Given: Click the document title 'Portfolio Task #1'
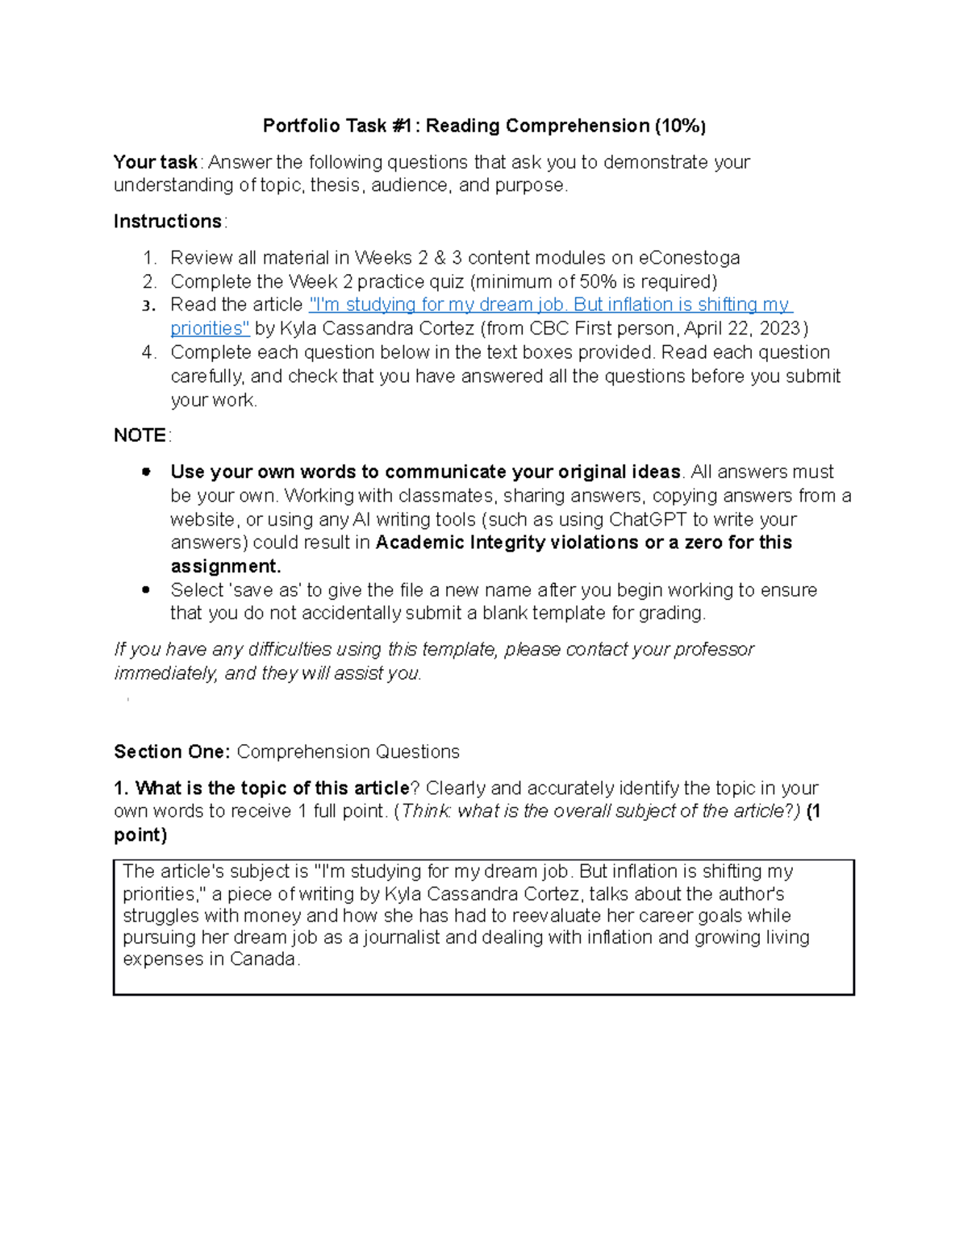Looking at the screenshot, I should coord(338,126).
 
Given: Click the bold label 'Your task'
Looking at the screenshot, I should coord(155,162).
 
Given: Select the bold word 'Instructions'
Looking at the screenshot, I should coord(168,222).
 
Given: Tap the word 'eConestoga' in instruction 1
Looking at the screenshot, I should coord(689,258).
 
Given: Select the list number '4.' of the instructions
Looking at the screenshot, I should coord(148,352).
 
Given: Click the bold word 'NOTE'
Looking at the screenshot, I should coord(140,435).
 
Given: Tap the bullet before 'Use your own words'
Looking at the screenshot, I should coord(146,472).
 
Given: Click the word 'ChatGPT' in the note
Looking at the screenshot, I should coord(647,519).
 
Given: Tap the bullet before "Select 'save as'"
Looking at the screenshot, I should coord(146,590).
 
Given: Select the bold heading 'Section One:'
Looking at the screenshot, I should coord(172,752).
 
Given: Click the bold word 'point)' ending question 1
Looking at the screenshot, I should coord(140,835).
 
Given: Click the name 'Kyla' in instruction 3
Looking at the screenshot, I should coord(296,329).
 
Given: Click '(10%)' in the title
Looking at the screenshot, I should coord(680,126).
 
